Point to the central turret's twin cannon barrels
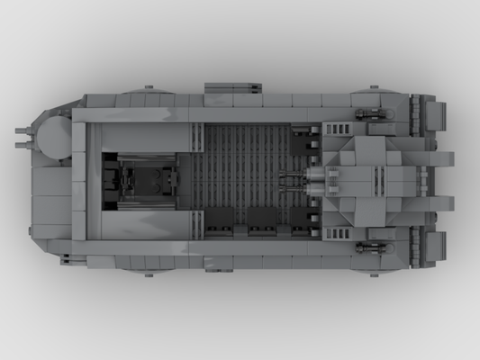coord(294,181)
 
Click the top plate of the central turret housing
coord(364,179)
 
